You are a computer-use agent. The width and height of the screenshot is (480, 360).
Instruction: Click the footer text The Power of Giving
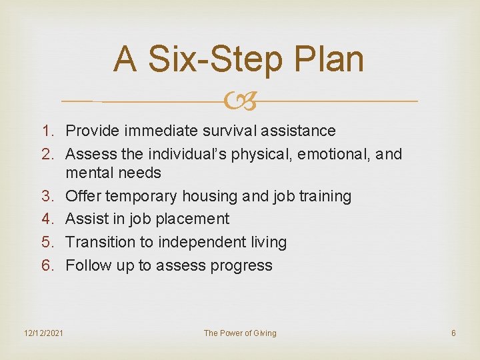[x=240, y=333]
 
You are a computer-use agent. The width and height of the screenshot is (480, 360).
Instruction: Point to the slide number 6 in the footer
[x=453, y=333]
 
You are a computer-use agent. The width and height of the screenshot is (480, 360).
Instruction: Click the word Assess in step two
[x=91, y=154]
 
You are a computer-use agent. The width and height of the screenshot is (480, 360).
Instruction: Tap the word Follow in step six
[x=89, y=265]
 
